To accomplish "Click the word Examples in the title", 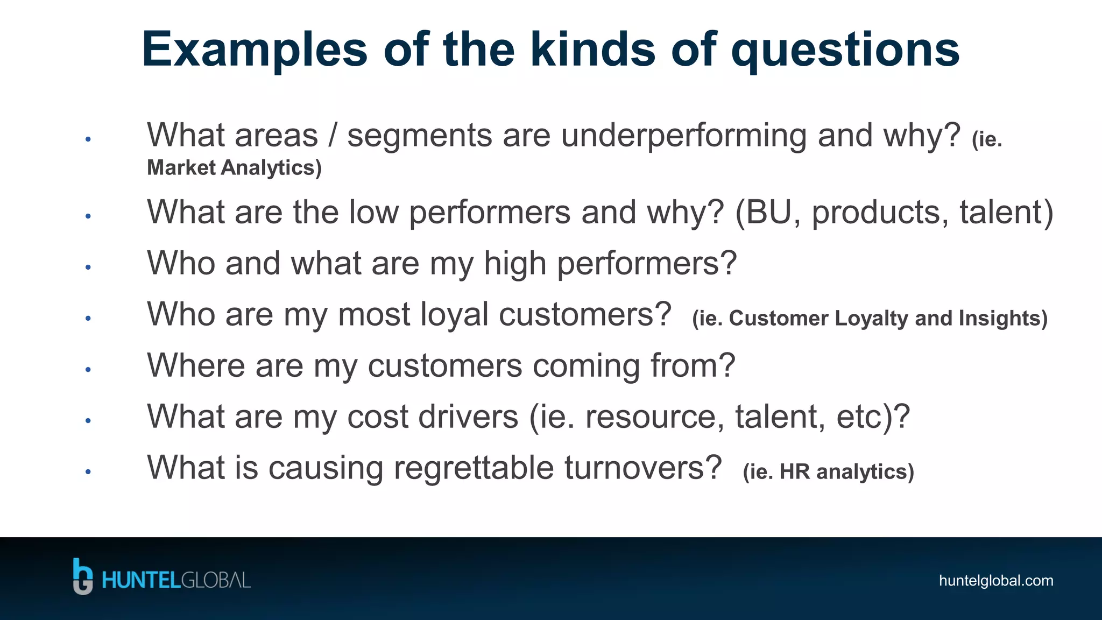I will (x=254, y=50).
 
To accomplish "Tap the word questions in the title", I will (x=845, y=50).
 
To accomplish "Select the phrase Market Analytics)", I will (x=234, y=167).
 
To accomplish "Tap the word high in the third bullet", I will (x=514, y=263).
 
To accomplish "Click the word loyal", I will (x=454, y=314).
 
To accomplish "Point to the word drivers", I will (x=468, y=417).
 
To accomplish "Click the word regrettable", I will (x=474, y=468).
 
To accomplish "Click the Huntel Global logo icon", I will (x=82, y=576).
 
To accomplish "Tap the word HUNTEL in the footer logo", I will (x=140, y=581).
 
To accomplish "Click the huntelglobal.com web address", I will (x=995, y=581).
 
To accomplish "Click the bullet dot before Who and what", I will (x=88, y=267).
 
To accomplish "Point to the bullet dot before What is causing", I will (x=88, y=471).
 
